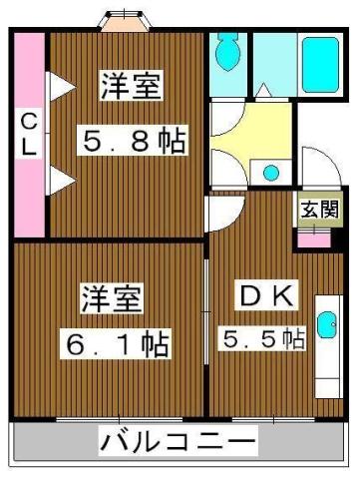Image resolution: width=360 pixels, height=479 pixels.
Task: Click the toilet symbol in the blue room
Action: pos(227,51)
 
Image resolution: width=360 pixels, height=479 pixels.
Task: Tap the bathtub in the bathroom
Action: pos(321,65)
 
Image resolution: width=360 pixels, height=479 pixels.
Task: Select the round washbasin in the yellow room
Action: pos(271,172)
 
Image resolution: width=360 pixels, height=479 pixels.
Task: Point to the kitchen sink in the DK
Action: pos(327,324)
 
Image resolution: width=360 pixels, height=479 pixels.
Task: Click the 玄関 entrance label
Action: pos(320,210)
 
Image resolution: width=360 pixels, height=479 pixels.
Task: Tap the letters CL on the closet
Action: pos(29,133)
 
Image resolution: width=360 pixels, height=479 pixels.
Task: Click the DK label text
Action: pos(267,295)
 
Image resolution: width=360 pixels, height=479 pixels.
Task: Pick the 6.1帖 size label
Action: pos(116,344)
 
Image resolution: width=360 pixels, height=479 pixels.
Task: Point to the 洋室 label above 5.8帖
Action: pos(132,85)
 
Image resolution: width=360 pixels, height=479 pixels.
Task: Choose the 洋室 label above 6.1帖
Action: pos(113,298)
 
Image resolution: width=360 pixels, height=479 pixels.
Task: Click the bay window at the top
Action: pos(126,21)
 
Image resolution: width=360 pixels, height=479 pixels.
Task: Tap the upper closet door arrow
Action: pos(62,87)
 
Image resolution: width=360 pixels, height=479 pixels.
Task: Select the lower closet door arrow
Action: pos(62,180)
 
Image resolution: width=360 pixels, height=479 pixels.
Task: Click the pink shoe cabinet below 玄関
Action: pos(314,239)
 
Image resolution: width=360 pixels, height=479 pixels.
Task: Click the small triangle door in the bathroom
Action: pos(264,90)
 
